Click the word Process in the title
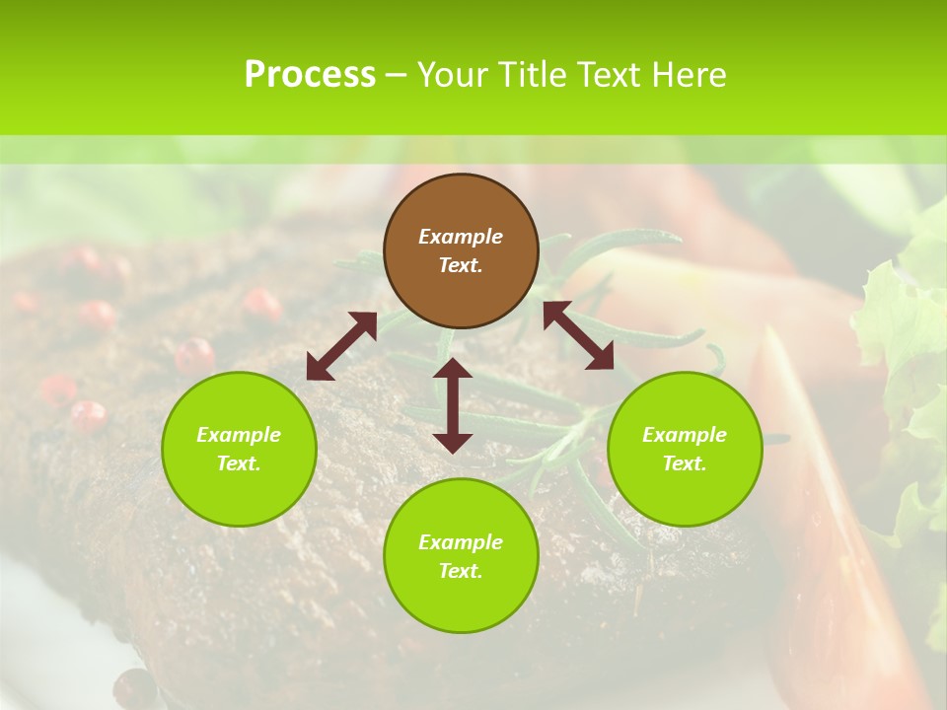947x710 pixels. point(310,75)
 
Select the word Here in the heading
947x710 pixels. point(690,75)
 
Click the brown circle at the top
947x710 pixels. point(461,250)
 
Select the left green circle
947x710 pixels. point(239,449)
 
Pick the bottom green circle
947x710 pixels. point(461,555)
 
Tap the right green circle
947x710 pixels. point(685,449)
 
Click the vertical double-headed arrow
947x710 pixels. point(453,405)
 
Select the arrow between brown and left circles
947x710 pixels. point(341,346)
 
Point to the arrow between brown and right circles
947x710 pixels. point(578,335)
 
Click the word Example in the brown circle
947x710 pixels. point(461,237)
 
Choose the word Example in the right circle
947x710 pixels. point(685,435)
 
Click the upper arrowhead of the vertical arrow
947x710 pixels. point(453,369)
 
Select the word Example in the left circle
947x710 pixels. point(239,435)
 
